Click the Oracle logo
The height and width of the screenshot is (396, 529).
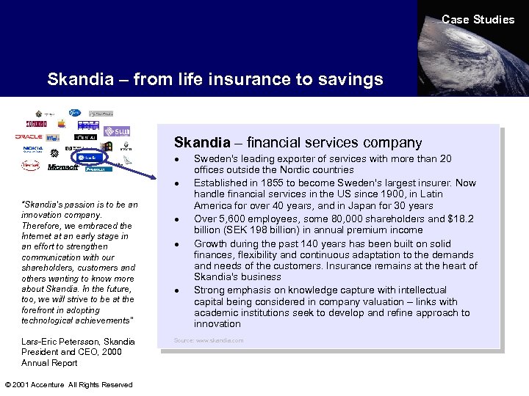(29, 136)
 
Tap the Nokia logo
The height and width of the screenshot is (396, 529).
(33, 149)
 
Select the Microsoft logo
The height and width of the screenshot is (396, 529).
(63, 168)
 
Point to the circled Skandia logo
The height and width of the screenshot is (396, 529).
(90, 157)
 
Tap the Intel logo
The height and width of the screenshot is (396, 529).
(53, 137)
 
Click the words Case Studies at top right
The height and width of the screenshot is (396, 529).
(478, 20)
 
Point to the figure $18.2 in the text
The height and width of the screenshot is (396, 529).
(461, 218)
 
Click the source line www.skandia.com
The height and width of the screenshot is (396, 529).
(209, 340)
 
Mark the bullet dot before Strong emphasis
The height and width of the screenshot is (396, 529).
(179, 291)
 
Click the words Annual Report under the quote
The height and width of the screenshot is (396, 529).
(51, 362)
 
